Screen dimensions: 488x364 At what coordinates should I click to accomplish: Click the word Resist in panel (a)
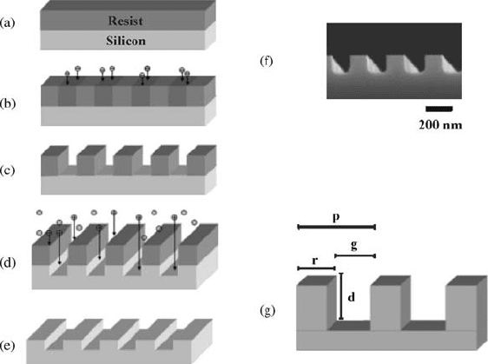(x=125, y=21)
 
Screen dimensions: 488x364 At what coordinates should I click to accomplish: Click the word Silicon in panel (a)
(x=126, y=41)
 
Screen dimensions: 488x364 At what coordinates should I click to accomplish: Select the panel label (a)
(x=8, y=23)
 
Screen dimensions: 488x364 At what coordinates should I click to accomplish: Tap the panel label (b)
(x=8, y=103)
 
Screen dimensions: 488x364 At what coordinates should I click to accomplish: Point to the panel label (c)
(x=8, y=170)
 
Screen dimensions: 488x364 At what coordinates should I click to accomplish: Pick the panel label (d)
(x=8, y=262)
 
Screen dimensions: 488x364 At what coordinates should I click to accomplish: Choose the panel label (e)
(x=8, y=346)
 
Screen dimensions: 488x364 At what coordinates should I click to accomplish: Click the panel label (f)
(x=267, y=61)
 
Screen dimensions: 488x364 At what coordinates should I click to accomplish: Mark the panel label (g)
(x=267, y=310)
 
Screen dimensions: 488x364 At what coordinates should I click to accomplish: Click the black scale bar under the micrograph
(x=439, y=109)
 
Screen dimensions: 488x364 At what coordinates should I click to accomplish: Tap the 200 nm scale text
(x=440, y=125)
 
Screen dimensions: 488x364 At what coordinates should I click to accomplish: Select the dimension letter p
(x=336, y=217)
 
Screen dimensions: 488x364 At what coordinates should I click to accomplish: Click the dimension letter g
(x=354, y=246)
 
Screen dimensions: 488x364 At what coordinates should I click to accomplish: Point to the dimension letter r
(x=315, y=261)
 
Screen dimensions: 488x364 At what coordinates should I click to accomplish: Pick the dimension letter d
(x=351, y=297)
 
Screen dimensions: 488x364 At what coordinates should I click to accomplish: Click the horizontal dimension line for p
(x=337, y=227)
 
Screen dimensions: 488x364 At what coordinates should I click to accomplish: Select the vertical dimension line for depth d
(x=341, y=296)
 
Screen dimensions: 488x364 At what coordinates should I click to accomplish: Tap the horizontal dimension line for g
(x=355, y=256)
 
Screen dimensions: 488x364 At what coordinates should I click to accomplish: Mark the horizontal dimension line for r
(x=316, y=268)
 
